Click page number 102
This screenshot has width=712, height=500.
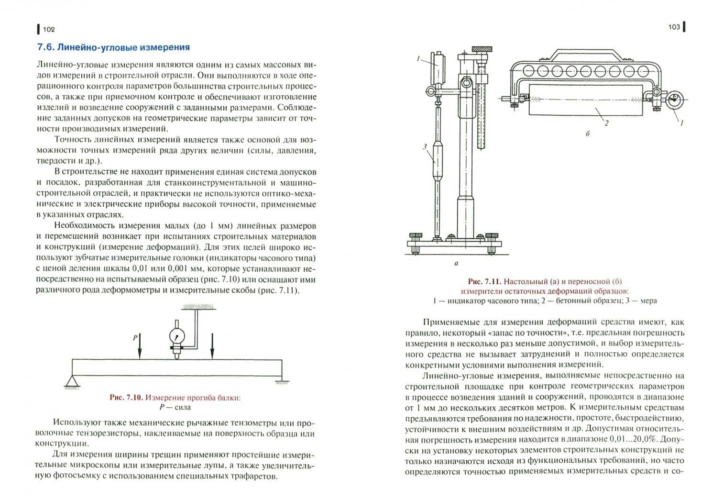[x=49, y=30]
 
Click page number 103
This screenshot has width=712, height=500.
[x=674, y=27]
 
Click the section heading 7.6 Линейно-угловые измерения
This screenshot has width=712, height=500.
[x=113, y=47]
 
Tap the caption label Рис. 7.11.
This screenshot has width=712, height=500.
[x=485, y=281]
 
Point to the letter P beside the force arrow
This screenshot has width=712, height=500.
[x=135, y=337]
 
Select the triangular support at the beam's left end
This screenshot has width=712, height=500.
[x=72, y=382]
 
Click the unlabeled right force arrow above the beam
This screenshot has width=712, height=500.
[x=212, y=346]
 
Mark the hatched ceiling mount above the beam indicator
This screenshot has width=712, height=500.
[x=198, y=307]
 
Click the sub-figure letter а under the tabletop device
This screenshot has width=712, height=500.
[x=457, y=263]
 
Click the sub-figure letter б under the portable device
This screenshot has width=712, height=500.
[x=588, y=134]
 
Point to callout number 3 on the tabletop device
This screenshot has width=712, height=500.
[x=425, y=146]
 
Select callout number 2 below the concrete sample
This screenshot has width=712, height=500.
[x=606, y=123]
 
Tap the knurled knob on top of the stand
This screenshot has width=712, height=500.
[x=482, y=49]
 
